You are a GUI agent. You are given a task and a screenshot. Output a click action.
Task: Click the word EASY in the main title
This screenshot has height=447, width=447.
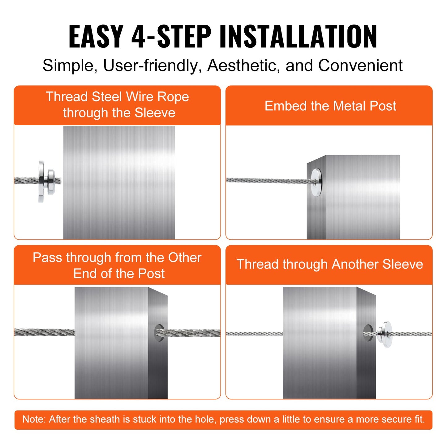[x=96, y=37]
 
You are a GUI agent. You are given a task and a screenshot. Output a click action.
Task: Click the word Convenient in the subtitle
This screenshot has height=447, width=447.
[x=360, y=66]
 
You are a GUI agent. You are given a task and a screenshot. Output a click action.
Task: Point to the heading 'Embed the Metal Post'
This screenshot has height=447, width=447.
[x=330, y=106]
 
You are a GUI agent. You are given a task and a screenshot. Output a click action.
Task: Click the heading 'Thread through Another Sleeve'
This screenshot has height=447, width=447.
[x=330, y=264]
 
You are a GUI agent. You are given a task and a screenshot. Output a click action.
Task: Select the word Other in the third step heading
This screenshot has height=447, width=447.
[x=185, y=258]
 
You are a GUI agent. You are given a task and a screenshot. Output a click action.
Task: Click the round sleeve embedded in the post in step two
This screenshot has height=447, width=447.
[x=316, y=182]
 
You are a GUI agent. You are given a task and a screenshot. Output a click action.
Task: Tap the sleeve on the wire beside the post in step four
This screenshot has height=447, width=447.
[x=385, y=334]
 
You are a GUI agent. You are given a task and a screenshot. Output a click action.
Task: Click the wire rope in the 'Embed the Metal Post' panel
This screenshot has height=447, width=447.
[x=266, y=181]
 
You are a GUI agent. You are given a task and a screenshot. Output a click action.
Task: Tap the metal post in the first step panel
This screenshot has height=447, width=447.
[x=119, y=183]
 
